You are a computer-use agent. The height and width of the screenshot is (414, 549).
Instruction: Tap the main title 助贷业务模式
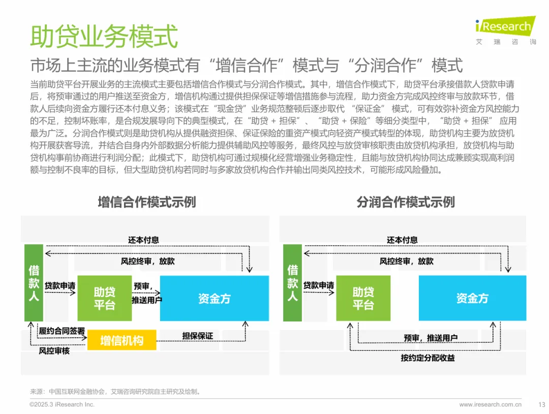(x=104, y=36)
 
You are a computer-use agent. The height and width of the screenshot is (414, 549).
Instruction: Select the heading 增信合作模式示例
(x=146, y=202)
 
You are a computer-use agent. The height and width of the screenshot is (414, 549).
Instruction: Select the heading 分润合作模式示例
(x=405, y=202)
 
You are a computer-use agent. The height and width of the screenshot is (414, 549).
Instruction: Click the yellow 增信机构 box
(x=121, y=340)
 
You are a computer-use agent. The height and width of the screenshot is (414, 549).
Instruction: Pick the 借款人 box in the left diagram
(x=34, y=283)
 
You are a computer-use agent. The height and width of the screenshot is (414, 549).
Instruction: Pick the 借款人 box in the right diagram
(x=292, y=283)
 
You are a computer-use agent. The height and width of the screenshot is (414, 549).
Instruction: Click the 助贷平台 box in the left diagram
(x=104, y=298)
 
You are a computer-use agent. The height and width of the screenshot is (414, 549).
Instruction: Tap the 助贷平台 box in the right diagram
(x=363, y=298)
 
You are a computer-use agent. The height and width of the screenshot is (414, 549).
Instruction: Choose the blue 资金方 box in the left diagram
(x=214, y=299)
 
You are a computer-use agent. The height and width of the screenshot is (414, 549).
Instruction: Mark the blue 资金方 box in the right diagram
(x=472, y=299)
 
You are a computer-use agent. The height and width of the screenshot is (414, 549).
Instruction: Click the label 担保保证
(x=198, y=336)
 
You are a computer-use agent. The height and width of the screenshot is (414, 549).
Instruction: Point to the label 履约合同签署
(x=62, y=331)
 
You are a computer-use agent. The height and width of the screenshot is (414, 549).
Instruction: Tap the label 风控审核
(x=54, y=350)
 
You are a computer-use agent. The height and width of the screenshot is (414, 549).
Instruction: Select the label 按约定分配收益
(x=428, y=358)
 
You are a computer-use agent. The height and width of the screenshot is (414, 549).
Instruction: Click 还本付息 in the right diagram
(x=402, y=240)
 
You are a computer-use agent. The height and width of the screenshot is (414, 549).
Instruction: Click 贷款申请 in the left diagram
(x=60, y=286)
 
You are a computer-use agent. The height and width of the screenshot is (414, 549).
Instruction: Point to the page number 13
(x=541, y=405)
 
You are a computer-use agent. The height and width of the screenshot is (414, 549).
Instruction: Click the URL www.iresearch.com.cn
(x=490, y=405)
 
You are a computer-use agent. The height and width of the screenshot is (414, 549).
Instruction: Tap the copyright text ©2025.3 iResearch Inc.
(x=62, y=405)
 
